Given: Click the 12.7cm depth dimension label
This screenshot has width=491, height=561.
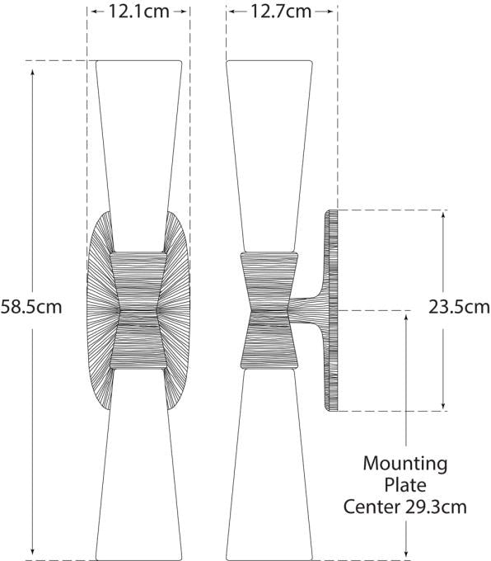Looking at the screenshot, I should (282, 12).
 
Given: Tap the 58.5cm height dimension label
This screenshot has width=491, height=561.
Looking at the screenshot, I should (31, 308).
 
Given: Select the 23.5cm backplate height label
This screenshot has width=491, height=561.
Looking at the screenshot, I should (459, 308).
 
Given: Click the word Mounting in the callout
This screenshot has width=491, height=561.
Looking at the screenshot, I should (405, 464).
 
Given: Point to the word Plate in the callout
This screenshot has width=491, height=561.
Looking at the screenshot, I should (405, 484).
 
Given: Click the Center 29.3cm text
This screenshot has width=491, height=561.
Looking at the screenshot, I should (405, 505).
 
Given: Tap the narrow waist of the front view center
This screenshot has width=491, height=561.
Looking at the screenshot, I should (139, 311).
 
